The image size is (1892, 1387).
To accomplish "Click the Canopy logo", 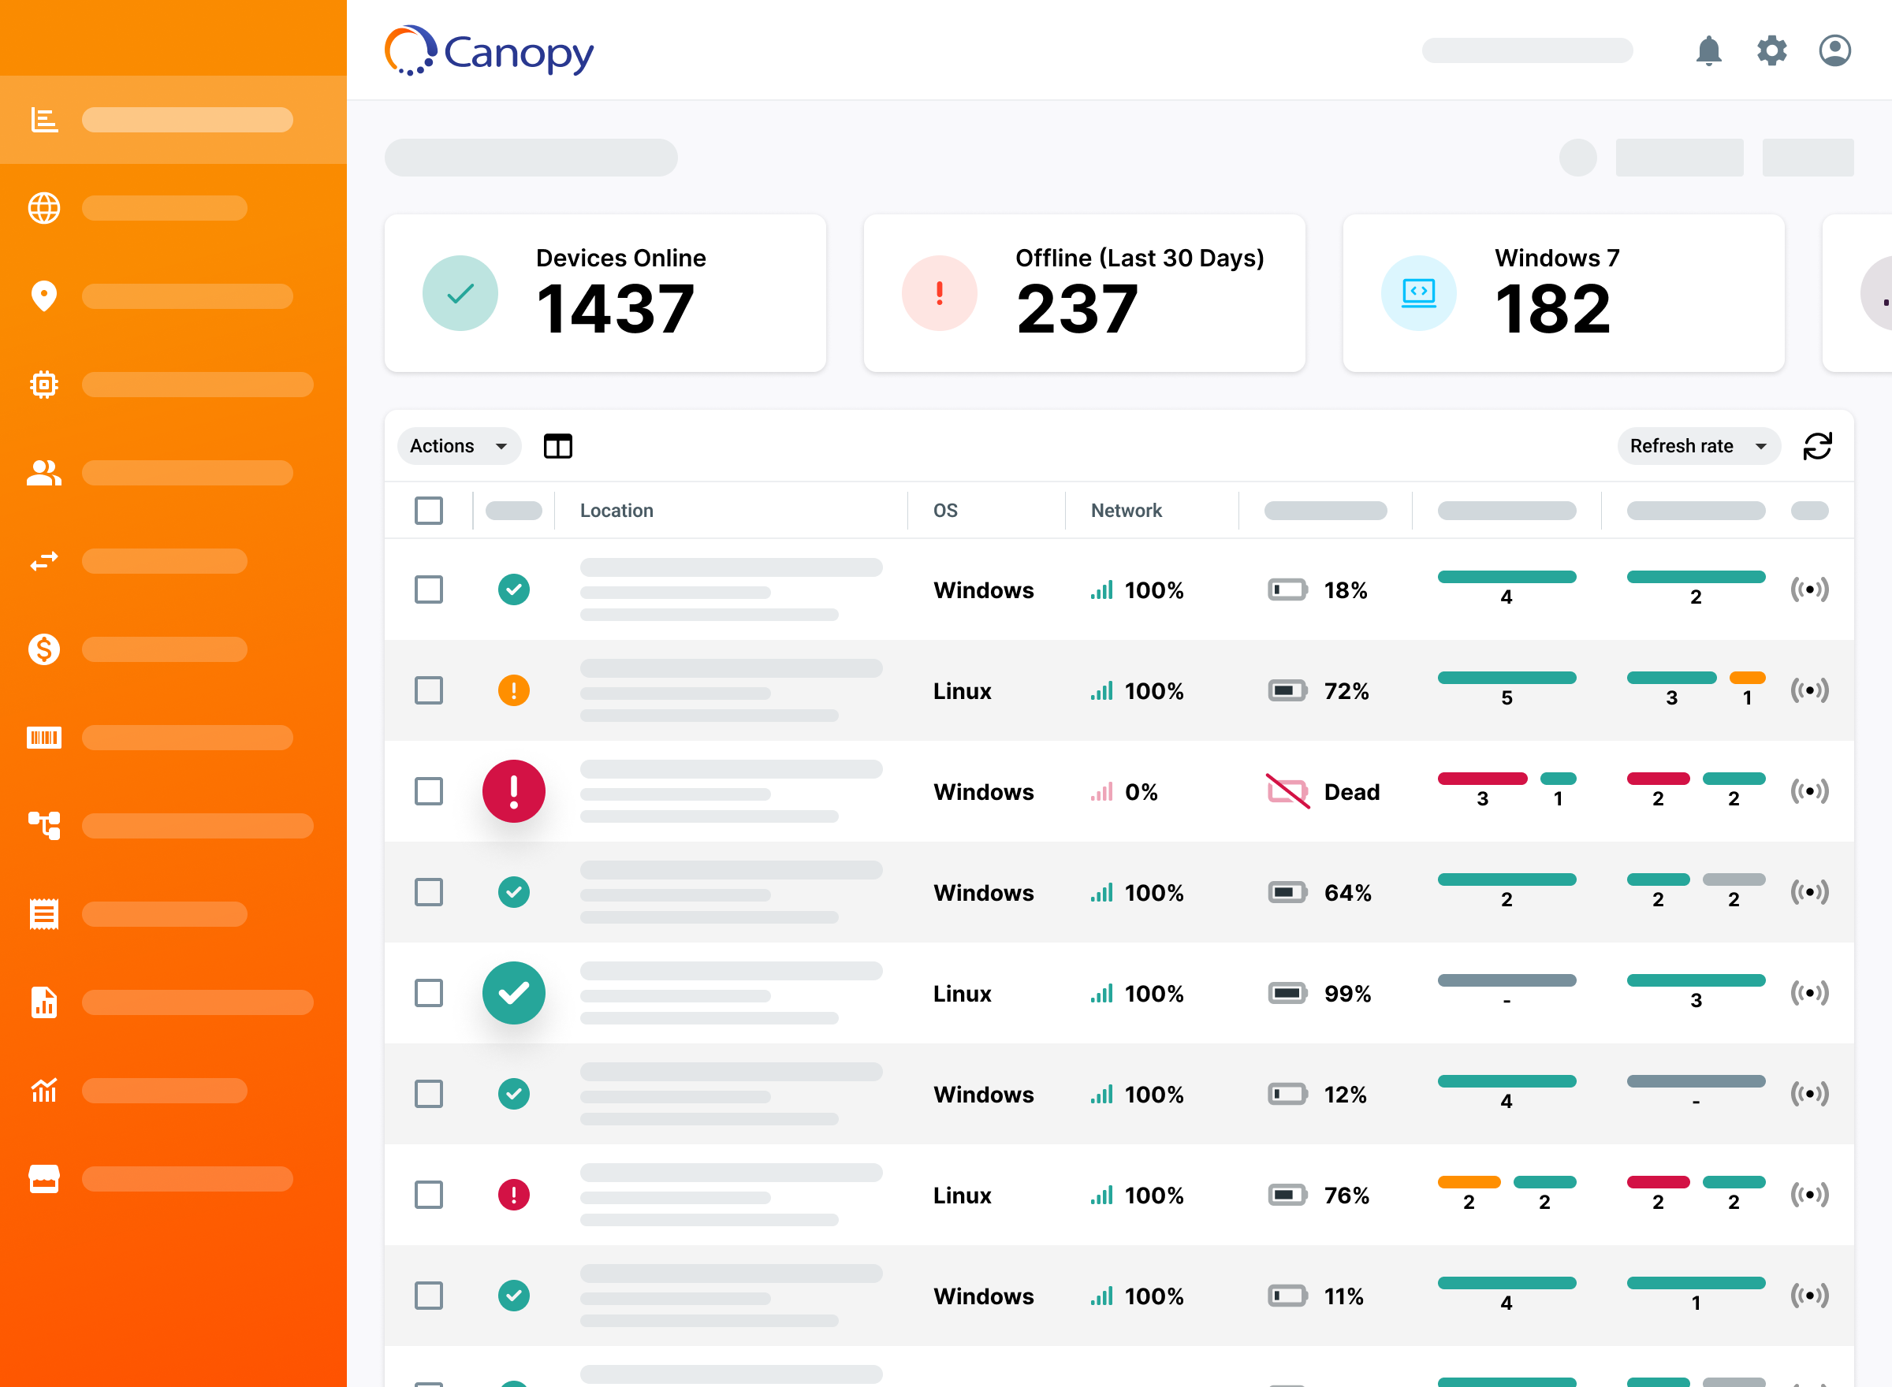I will [489, 51].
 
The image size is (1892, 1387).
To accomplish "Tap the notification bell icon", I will [1708, 50].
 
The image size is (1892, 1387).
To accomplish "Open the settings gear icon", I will [1771, 50].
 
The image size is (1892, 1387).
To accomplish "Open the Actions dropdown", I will [459, 446].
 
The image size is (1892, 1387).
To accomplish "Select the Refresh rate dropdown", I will [1697, 446].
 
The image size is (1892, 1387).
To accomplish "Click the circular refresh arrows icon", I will [1817, 446].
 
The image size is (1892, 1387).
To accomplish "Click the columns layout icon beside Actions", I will [557, 446].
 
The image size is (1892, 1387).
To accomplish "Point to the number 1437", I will [615, 310].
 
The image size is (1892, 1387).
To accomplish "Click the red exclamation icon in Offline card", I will [939, 293].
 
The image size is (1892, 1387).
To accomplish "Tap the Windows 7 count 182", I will [1553, 310].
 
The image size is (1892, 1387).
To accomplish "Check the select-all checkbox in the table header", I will [428, 511].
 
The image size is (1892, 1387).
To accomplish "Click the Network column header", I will [1126, 511].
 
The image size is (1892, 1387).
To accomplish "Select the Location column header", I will [616, 511].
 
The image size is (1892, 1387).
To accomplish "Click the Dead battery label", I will [1351, 792].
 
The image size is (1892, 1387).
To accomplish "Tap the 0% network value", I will [1141, 792].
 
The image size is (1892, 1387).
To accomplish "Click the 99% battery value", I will [1347, 993].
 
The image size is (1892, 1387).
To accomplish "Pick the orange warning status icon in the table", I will [513, 690].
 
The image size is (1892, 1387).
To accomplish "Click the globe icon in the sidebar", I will [43, 208].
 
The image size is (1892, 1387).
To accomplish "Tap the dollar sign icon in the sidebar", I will [43, 649].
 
